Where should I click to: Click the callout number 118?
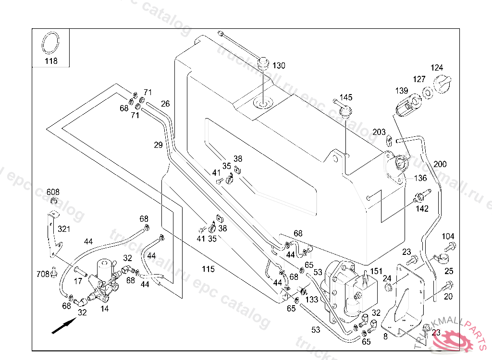pos(51,61)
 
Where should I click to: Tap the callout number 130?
pos(279,66)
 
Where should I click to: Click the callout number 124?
pos(437,68)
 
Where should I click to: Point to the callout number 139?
pos(402,91)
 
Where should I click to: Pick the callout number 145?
pos(346,97)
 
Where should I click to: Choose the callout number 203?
pos(379,132)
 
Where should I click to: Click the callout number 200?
pos(440,164)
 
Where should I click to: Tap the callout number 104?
pos(448,237)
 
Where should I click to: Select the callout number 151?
pos(376,272)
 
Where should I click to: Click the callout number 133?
pos(312,300)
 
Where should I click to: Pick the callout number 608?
pos(53,192)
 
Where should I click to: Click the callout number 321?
pos(64,229)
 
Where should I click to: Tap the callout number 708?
pos(43,274)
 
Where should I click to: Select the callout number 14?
pos(104,310)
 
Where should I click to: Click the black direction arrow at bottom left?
pos(63,327)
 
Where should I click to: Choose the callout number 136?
pos(420,178)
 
